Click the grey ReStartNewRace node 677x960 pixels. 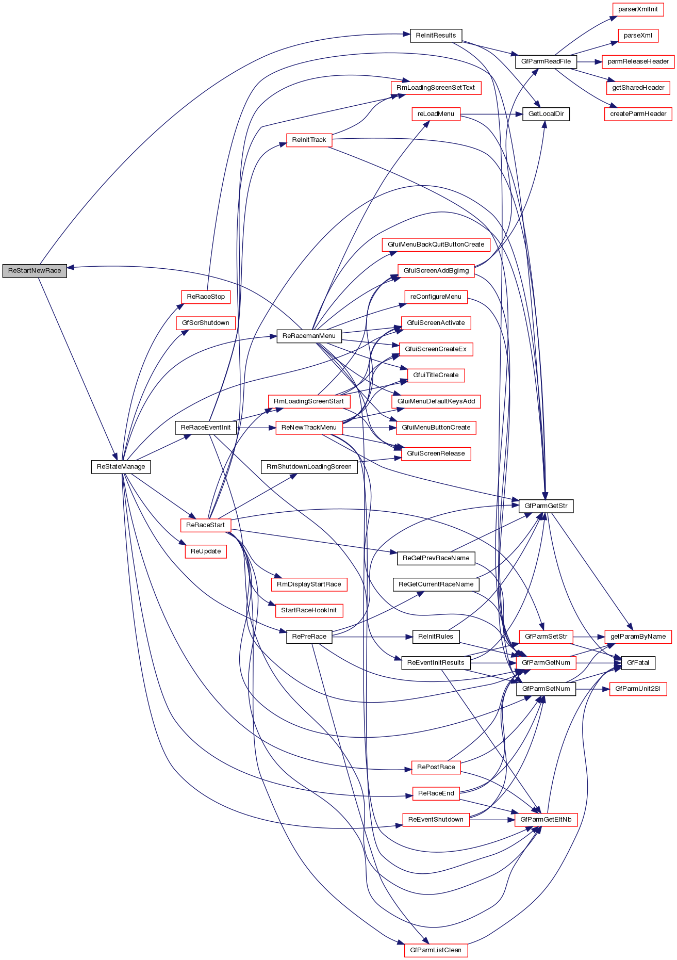pyautogui.click(x=35, y=271)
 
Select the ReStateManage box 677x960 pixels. pyautogui.click(x=121, y=467)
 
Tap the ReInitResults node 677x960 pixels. pyautogui.click(x=436, y=36)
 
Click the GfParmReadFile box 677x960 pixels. pyautogui.click(x=546, y=61)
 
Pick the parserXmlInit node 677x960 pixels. pyautogui.click(x=638, y=9)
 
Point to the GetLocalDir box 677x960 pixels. pyautogui.click(x=546, y=114)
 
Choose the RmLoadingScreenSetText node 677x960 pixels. pyautogui.click(x=436, y=88)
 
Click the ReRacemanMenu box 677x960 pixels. pyautogui.click(x=309, y=336)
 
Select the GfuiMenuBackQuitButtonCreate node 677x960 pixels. pyautogui.click(x=436, y=245)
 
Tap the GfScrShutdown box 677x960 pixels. pyautogui.click(x=205, y=323)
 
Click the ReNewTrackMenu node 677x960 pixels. pyautogui.click(x=309, y=428)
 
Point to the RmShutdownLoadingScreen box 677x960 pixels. pyautogui.click(x=309, y=467)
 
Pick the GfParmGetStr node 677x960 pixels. pyautogui.click(x=546, y=506)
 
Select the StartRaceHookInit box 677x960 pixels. pyautogui.click(x=309, y=610)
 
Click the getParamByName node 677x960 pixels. pyautogui.click(x=638, y=637)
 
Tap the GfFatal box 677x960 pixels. pyautogui.click(x=638, y=663)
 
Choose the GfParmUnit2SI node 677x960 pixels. pyautogui.click(x=638, y=689)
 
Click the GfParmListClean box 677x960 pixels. pyautogui.click(x=436, y=950)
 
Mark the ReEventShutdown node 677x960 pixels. pyautogui.click(x=436, y=820)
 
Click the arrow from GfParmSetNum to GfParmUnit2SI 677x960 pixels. pyautogui.click(x=592, y=689)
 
